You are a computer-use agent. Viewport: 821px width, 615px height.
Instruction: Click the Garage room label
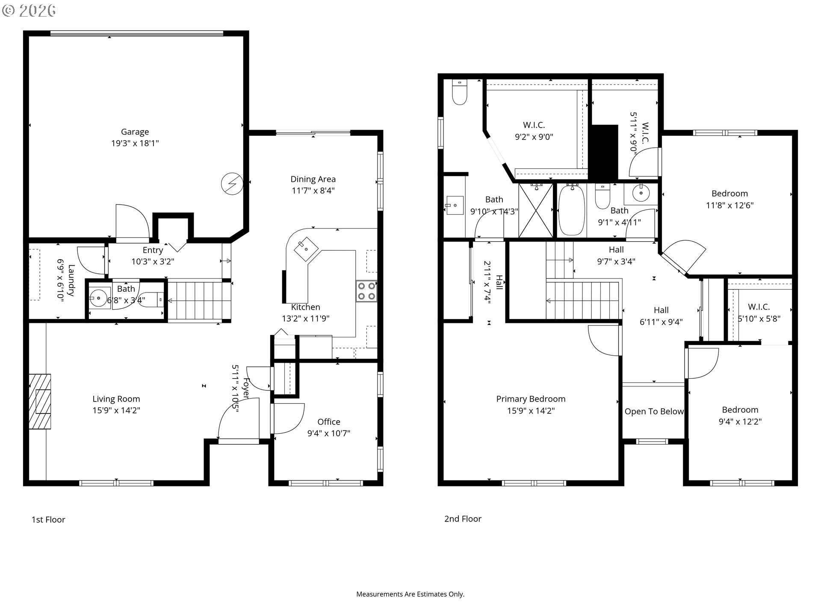[x=135, y=132]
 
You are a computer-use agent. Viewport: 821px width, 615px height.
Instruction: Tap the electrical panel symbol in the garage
[x=232, y=184]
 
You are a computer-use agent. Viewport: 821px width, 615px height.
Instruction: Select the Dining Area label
[x=313, y=179]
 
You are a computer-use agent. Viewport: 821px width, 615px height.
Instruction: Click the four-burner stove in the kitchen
[x=366, y=291]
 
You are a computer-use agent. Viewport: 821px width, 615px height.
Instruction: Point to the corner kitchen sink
[x=306, y=249]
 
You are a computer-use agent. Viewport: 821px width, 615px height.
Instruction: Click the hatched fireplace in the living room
[x=40, y=401]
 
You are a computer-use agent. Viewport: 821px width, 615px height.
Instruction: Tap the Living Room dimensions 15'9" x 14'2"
[x=116, y=410]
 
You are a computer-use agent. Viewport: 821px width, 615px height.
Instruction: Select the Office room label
[x=329, y=422]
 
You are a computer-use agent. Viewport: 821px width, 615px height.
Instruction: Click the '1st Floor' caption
[x=48, y=520]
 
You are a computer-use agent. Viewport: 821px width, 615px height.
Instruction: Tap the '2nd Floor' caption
[x=463, y=519]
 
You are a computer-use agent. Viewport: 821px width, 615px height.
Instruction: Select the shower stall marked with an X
[x=535, y=210]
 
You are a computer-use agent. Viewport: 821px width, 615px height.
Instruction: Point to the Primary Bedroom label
[x=531, y=399]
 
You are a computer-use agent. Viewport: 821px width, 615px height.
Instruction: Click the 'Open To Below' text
[x=654, y=411]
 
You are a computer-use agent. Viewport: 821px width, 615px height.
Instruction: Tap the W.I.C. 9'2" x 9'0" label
[x=534, y=131]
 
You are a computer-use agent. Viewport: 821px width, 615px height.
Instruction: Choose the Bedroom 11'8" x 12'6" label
[x=729, y=199]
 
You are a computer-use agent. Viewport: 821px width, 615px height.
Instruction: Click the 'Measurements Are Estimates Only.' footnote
[x=410, y=594]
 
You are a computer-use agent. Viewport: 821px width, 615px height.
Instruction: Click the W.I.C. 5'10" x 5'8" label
[x=759, y=313]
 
